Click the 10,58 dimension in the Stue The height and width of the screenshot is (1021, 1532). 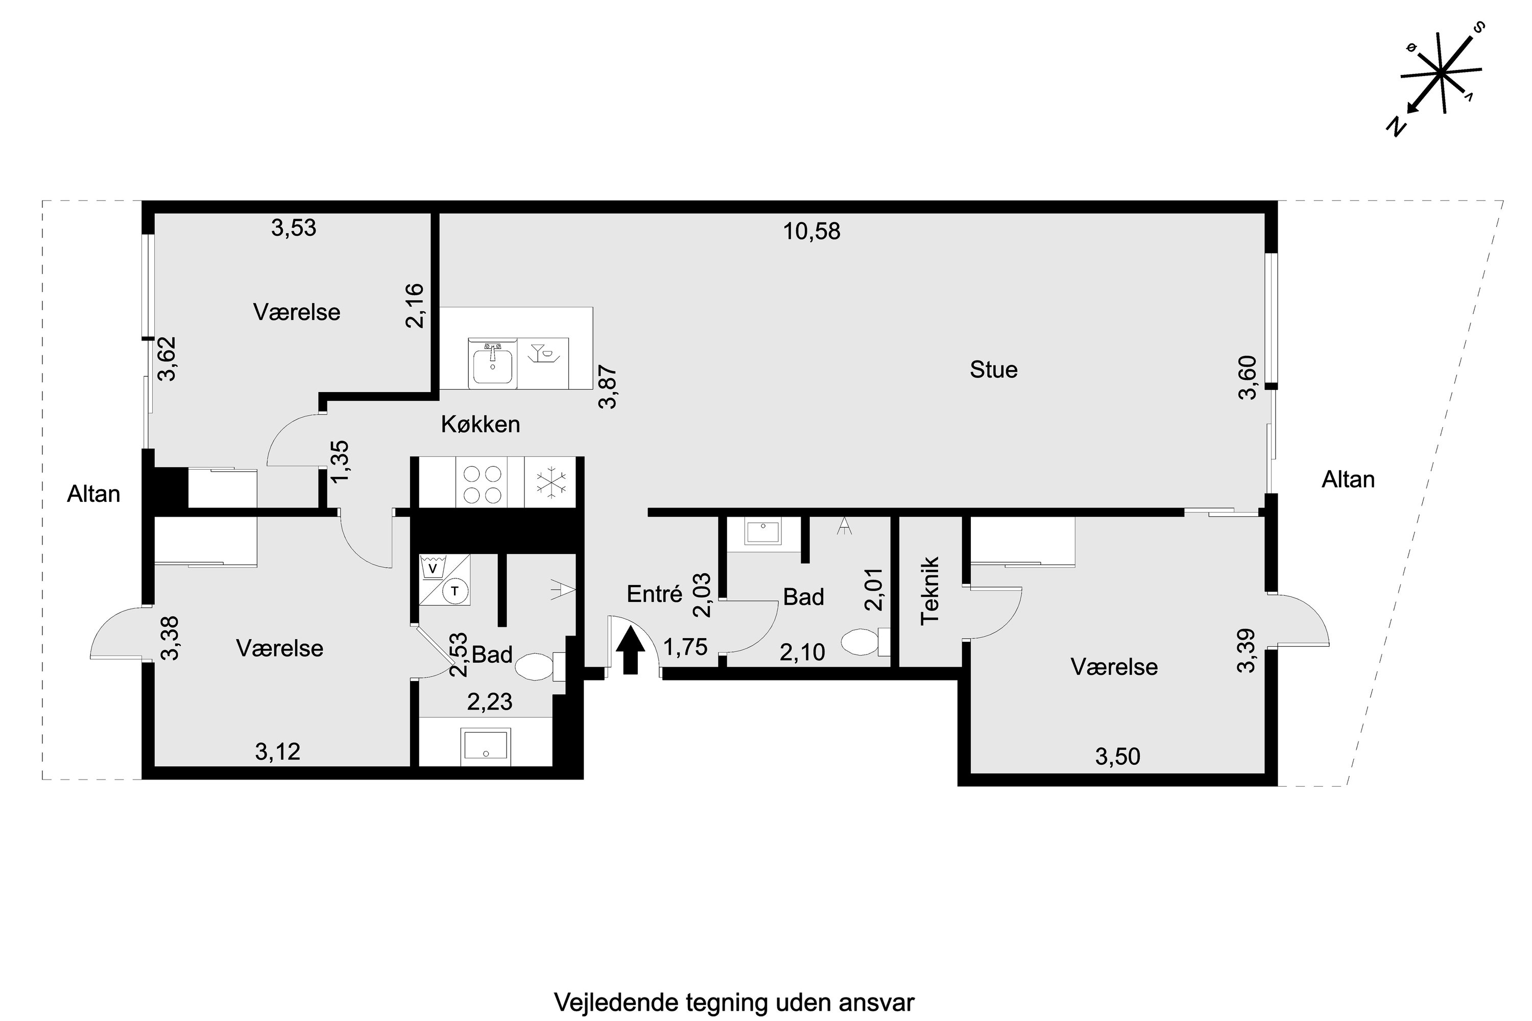coord(811,231)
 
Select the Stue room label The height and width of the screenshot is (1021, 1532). coord(993,370)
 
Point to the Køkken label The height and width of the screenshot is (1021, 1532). coord(480,425)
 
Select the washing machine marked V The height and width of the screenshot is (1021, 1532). coord(431,568)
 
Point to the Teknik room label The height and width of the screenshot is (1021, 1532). coord(929,591)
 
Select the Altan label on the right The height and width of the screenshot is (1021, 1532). coord(1348,480)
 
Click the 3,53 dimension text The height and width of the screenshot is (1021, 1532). coord(293,228)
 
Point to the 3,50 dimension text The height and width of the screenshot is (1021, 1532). coord(1117,757)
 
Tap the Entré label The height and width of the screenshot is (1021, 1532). coord(654,594)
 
